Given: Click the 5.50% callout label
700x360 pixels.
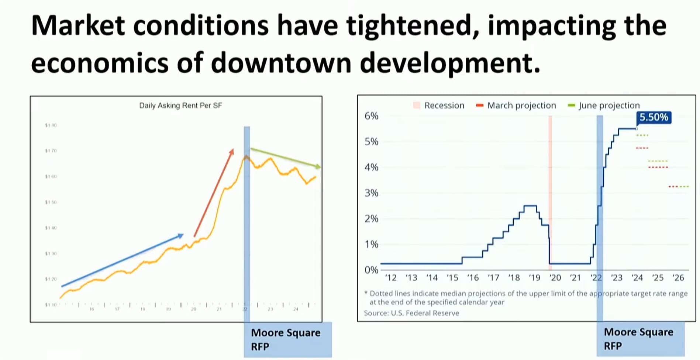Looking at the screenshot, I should (x=654, y=117).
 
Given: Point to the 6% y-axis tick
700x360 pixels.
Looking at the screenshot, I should (x=371, y=116).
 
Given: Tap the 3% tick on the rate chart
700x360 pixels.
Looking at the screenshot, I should (x=371, y=193).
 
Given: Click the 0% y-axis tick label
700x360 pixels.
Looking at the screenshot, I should (x=371, y=270).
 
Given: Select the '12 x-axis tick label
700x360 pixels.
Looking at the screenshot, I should (x=390, y=278).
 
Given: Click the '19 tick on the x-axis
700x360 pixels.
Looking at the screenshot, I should (x=534, y=278).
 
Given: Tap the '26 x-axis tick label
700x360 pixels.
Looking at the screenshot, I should (x=678, y=278).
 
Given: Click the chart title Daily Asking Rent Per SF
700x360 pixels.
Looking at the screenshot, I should (x=180, y=105).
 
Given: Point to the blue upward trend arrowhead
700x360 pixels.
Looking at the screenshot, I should (x=181, y=235).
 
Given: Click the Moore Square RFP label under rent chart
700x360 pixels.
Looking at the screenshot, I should (x=286, y=339).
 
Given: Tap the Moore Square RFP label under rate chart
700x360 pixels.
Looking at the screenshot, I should (x=638, y=339).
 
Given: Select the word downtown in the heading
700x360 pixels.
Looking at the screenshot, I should (x=281, y=63).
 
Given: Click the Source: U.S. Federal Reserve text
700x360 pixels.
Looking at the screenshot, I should (x=411, y=313).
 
